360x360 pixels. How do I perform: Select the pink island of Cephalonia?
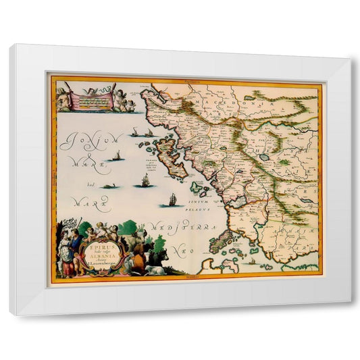(x=223, y=242)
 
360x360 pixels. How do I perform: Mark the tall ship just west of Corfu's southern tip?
(x=145, y=180)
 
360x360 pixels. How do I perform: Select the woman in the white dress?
(x=65, y=253)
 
